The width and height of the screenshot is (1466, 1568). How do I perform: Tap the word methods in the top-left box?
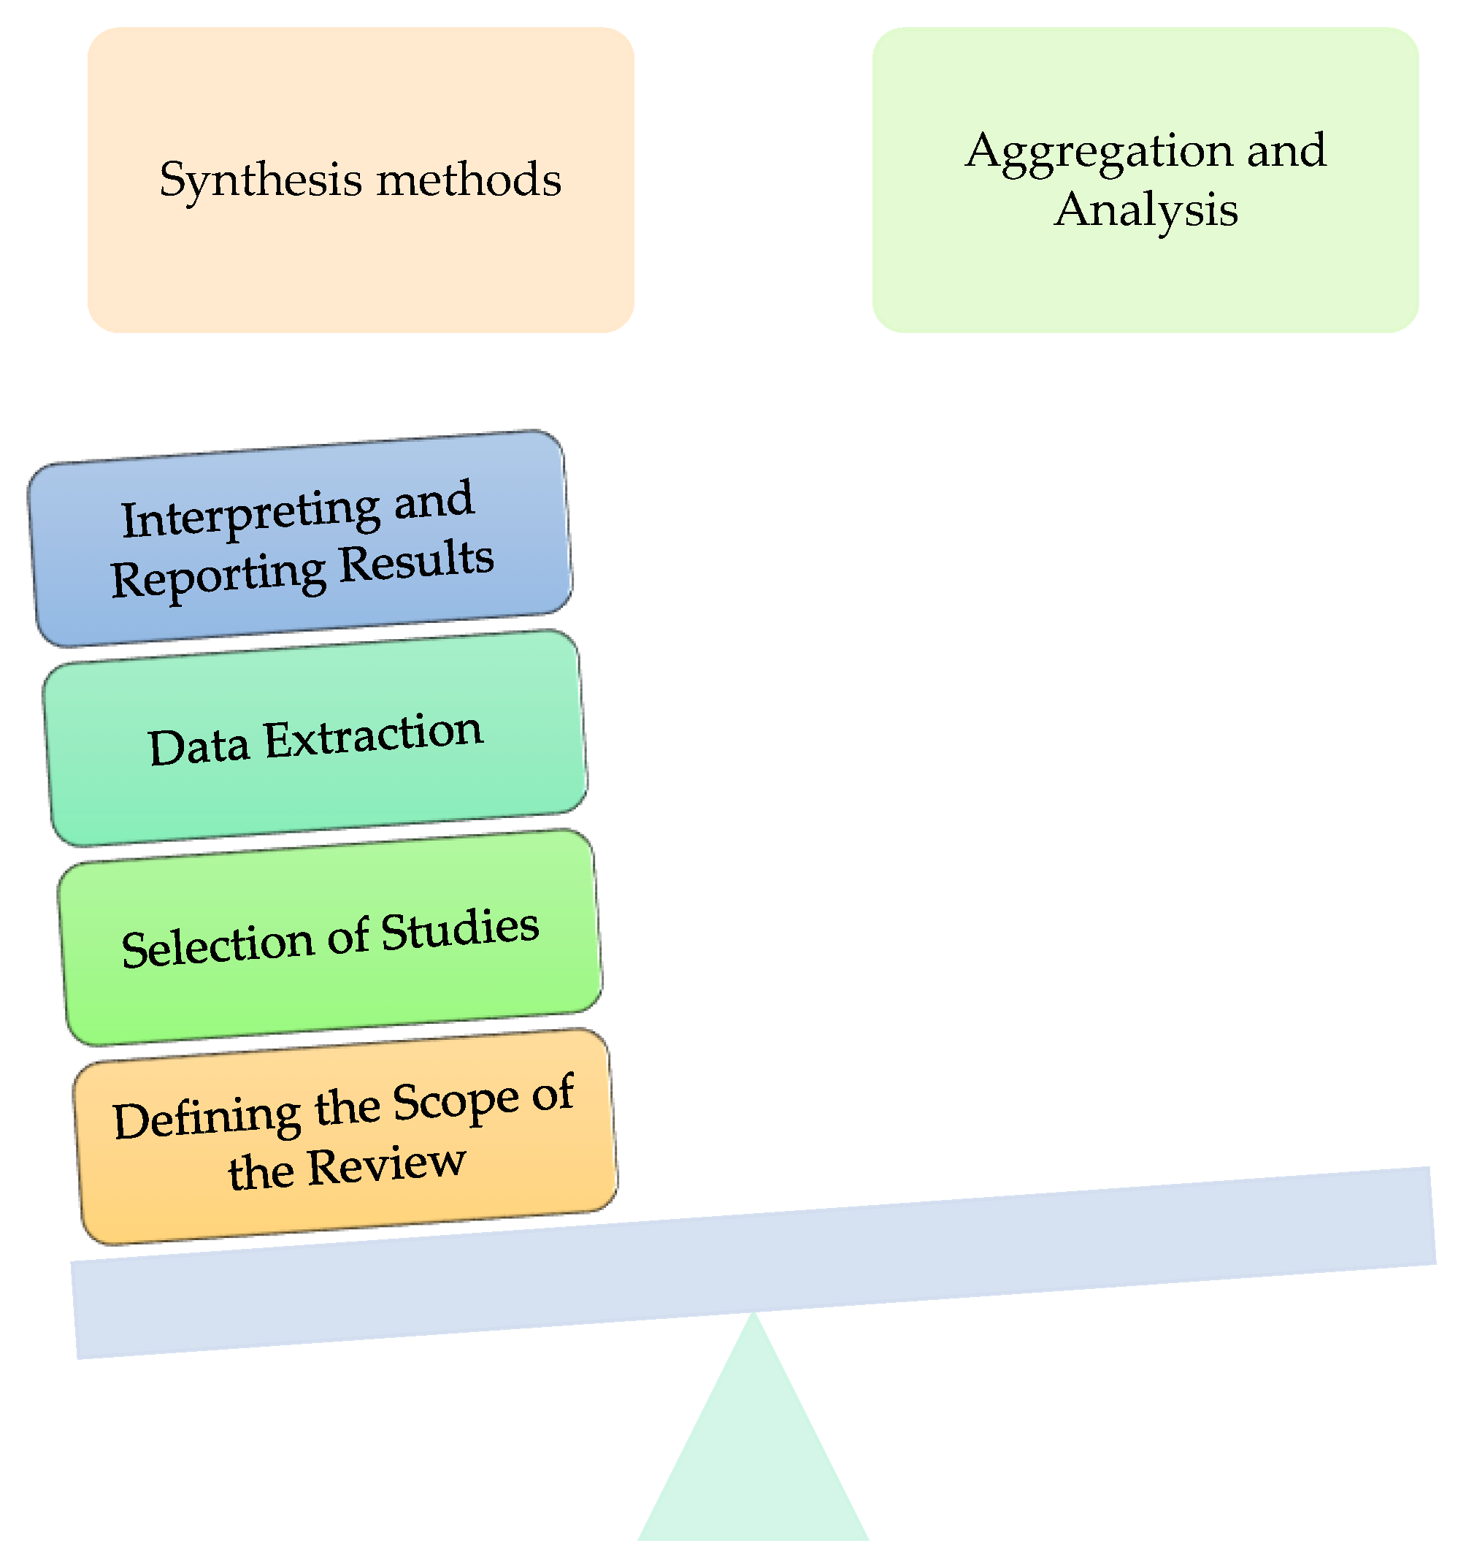pyautogui.click(x=469, y=179)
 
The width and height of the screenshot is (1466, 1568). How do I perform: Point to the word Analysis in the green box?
pyautogui.click(x=1145, y=211)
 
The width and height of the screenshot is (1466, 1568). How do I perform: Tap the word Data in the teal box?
pyautogui.click(x=199, y=746)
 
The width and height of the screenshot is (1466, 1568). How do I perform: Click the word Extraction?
pyautogui.click(x=372, y=735)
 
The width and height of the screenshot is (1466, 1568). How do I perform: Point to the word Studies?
pyautogui.click(x=460, y=930)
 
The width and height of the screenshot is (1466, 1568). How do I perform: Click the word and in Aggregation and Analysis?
pyautogui.click(x=1286, y=150)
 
